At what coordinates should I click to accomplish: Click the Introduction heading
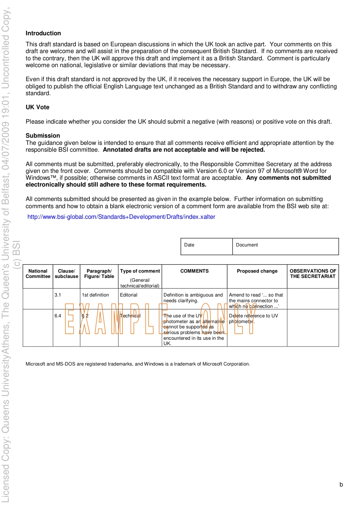(43, 33)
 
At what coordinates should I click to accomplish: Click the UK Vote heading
(38, 107)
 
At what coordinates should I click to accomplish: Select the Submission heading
(43, 136)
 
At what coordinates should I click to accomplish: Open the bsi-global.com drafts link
(121, 217)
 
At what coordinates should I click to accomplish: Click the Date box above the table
(207, 246)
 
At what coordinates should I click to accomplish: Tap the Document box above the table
(285, 246)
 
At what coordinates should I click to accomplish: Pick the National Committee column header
(38, 274)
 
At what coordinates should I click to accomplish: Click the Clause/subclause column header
(66, 274)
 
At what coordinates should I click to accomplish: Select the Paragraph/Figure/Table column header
(99, 274)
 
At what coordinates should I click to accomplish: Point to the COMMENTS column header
(194, 271)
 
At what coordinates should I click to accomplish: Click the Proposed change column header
(257, 271)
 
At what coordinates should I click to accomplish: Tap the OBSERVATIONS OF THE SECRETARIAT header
(313, 274)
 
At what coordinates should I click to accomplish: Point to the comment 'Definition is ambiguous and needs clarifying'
(193, 298)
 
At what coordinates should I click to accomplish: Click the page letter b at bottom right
(341, 485)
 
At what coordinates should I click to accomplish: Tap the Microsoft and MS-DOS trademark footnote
(138, 364)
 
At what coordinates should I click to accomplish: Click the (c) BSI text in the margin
(17, 254)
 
